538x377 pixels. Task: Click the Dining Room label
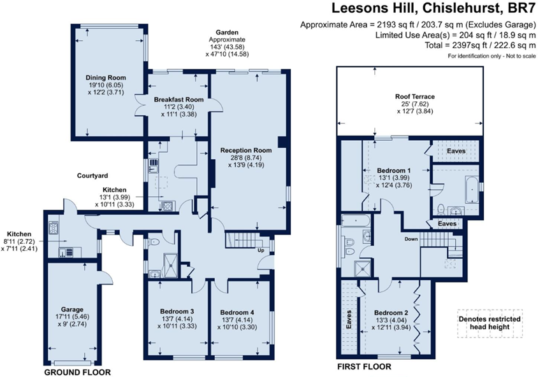(106, 78)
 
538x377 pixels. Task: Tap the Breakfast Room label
(178, 100)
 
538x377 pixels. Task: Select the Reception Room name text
(246, 150)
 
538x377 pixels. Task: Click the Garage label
(72, 310)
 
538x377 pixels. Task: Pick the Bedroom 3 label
(177, 311)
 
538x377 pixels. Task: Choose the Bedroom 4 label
(237, 313)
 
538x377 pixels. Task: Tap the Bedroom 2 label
(391, 313)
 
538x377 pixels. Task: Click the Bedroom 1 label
(394, 171)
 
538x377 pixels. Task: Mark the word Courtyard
(92, 176)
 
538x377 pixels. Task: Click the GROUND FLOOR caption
(78, 372)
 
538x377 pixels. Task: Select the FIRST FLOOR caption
(364, 367)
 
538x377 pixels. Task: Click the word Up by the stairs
(261, 250)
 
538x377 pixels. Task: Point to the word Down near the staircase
(411, 239)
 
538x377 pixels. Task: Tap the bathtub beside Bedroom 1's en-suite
(472, 189)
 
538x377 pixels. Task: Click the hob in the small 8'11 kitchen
(54, 228)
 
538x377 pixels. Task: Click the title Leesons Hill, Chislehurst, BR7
(433, 8)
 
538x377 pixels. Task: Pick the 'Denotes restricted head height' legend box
(490, 324)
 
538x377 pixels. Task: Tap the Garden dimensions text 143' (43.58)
(227, 46)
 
